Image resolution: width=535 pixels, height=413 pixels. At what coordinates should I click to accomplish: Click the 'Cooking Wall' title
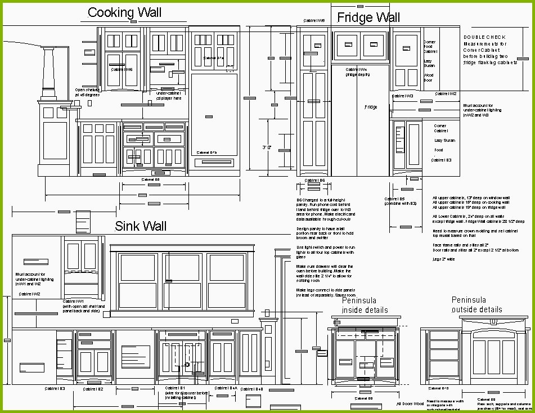[x=125, y=12]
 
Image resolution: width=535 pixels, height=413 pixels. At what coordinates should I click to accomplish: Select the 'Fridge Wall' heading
[x=368, y=17]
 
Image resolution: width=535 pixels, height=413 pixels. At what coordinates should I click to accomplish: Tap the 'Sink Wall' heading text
[x=141, y=226]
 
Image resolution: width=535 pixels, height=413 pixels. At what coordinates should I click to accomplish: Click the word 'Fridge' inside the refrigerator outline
[x=371, y=107]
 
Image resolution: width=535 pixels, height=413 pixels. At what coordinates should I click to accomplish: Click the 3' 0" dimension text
[x=267, y=147]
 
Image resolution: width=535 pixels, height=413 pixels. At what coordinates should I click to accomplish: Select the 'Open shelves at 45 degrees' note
[x=87, y=92]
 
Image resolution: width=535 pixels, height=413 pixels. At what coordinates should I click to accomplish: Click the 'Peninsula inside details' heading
[x=365, y=306]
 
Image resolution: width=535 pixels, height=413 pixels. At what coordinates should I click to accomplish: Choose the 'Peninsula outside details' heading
[x=476, y=305]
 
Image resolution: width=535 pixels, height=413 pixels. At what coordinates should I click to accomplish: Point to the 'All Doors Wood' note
[x=410, y=403]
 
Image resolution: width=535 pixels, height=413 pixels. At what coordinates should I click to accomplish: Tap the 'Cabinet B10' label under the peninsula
[x=438, y=388]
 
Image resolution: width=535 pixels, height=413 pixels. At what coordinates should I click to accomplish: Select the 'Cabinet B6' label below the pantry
[x=314, y=180]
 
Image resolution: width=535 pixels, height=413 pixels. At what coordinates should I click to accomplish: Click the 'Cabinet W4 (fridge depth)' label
[x=357, y=72]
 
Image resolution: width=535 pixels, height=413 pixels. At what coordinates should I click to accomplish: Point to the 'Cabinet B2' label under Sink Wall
[x=93, y=389]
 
